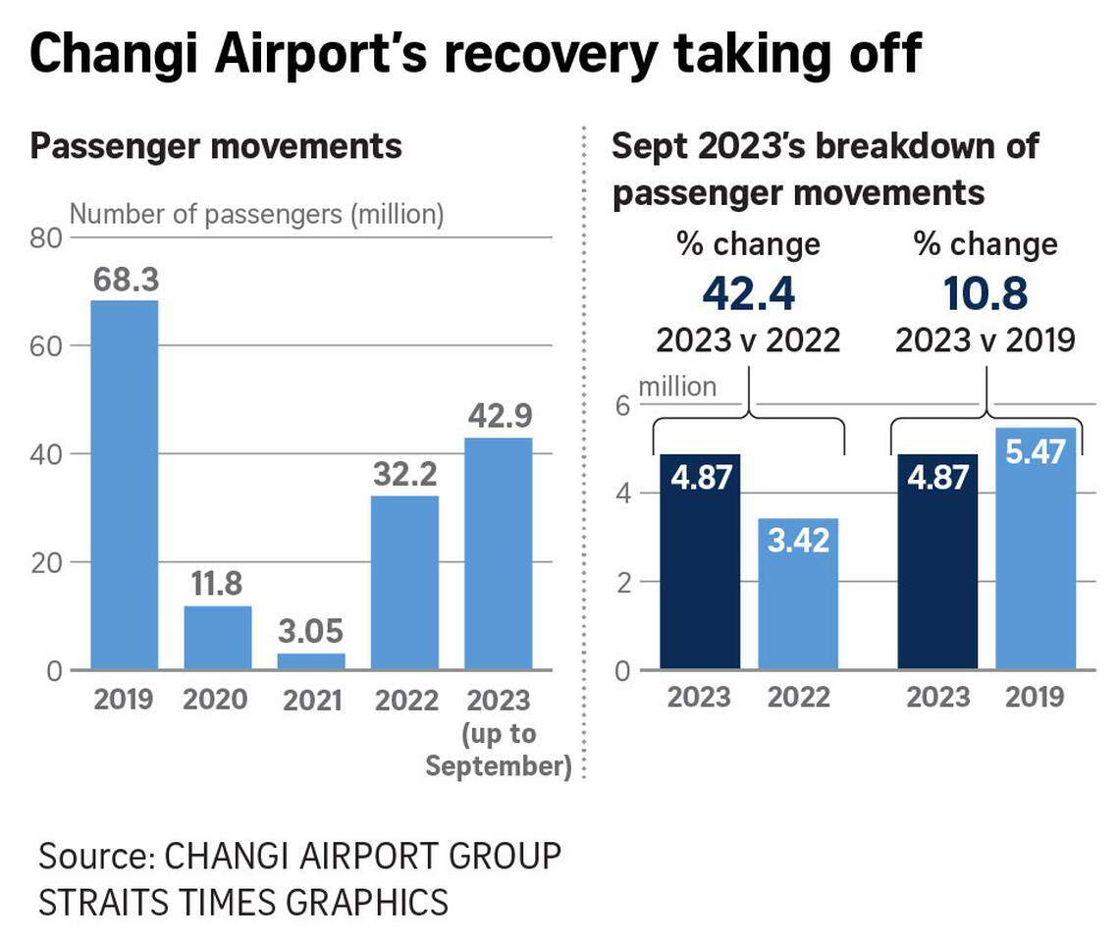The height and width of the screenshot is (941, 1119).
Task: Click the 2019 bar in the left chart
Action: click(x=124, y=486)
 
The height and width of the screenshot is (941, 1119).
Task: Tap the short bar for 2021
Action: click(x=310, y=661)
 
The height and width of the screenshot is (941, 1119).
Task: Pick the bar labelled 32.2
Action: click(x=404, y=583)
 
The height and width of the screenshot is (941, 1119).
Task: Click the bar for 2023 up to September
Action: click(x=498, y=553)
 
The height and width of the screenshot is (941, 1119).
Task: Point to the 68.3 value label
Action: click(x=126, y=281)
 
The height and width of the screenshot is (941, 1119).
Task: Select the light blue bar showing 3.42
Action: click(x=798, y=594)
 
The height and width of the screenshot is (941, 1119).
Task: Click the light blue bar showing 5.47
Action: click(x=1036, y=549)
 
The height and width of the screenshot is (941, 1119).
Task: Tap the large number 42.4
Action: click(x=748, y=293)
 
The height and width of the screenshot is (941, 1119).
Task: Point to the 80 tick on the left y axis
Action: click(x=49, y=238)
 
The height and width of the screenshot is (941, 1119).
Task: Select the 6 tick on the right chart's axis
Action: click(x=621, y=404)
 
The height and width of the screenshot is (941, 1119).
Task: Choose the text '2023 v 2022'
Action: click(x=748, y=340)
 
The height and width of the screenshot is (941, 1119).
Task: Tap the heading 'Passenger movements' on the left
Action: click(x=216, y=146)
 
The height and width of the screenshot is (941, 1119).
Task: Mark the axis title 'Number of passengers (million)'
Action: click(x=257, y=214)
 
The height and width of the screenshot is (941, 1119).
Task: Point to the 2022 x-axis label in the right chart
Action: click(x=798, y=697)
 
